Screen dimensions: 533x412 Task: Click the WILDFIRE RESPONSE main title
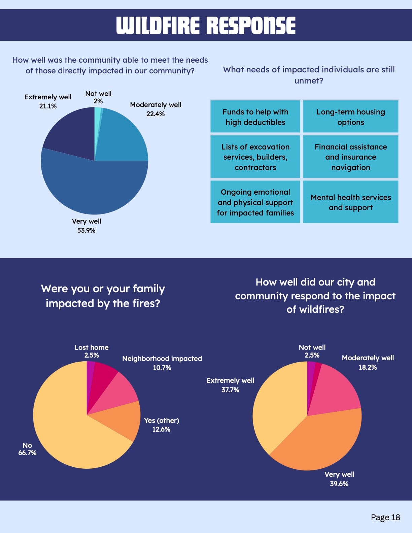pos(206,26)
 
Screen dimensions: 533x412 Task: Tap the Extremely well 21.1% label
pos(48,101)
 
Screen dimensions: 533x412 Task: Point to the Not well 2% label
pos(98,97)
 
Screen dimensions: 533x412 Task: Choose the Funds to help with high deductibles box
pos(255,116)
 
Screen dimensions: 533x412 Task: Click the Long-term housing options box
pos(350,116)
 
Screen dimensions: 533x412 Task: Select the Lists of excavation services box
pos(255,157)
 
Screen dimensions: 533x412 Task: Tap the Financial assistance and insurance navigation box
pos(350,157)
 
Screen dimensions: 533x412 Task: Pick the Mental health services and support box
pos(350,202)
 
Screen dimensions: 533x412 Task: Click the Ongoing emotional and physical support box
pos(255,202)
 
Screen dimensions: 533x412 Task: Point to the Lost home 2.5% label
pos(92,351)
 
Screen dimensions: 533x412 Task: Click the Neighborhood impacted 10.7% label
pos(162,363)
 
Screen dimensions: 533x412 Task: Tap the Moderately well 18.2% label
pos(368,362)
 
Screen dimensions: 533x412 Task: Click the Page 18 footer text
pos(385,518)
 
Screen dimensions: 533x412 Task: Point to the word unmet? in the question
pos(309,81)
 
